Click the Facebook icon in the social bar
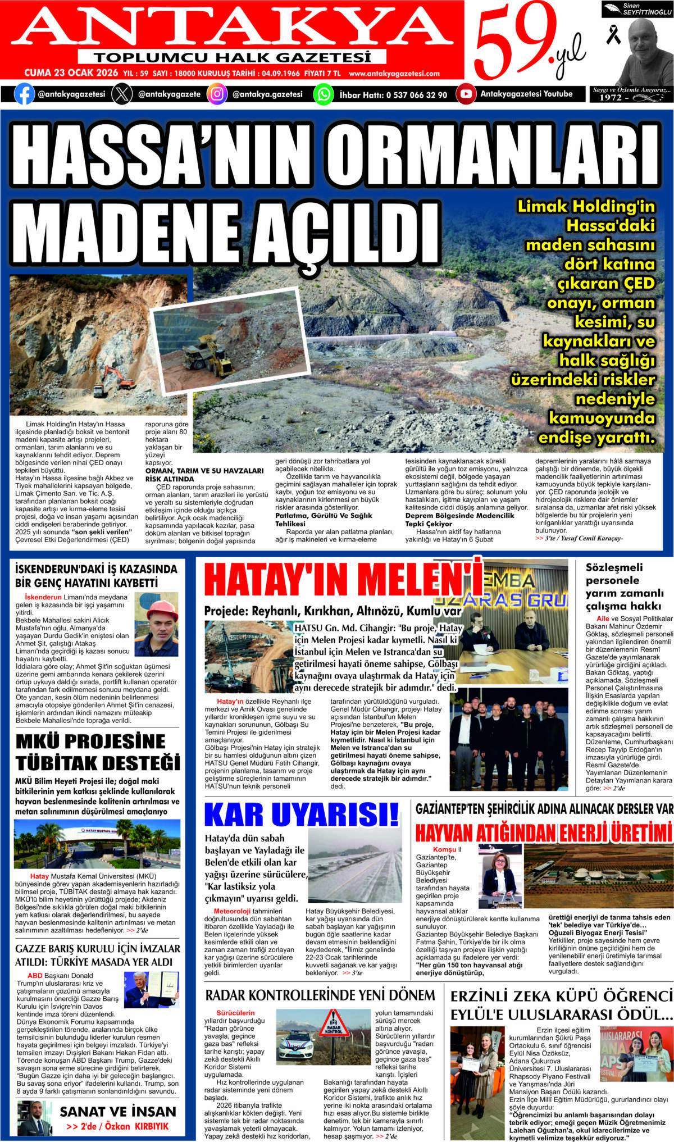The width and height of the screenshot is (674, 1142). [x=24, y=94]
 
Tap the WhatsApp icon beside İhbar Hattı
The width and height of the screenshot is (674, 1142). [x=324, y=94]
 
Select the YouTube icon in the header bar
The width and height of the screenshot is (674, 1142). [x=466, y=94]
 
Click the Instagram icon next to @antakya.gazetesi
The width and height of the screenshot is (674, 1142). [x=217, y=94]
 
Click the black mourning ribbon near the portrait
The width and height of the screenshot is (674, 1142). [x=613, y=35]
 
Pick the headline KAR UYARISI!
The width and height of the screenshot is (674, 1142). [x=302, y=815]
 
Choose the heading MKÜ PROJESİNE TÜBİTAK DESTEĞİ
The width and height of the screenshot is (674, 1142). [x=98, y=752]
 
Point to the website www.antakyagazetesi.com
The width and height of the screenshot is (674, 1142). [x=394, y=74]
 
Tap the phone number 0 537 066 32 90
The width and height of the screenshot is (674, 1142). [x=416, y=94]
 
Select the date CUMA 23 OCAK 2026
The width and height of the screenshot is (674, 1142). [x=71, y=73]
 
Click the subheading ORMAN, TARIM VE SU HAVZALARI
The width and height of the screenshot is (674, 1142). [x=204, y=471]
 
